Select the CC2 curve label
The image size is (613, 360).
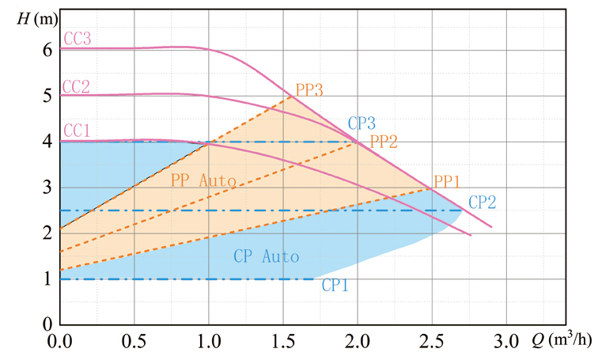[76, 85]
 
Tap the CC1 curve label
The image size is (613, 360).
[76, 131]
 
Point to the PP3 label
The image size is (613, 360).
[308, 89]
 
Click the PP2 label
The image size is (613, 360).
[384, 142]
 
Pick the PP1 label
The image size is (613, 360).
[447, 182]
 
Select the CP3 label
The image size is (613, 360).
[361, 123]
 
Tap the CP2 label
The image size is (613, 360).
[482, 202]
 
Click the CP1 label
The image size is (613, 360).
[335, 286]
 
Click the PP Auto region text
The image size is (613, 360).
[203, 181]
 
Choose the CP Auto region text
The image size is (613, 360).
[267, 256]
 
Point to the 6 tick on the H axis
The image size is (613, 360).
[47, 50]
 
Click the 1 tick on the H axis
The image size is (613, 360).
[47, 279]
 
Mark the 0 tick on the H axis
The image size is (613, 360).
[47, 324]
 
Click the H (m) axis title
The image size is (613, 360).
[33, 16]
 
